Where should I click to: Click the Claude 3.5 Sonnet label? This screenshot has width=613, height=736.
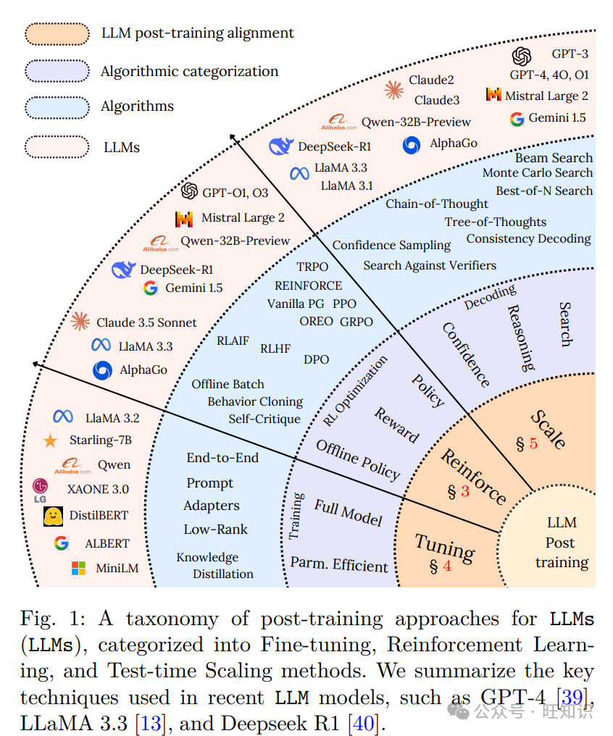click(x=146, y=322)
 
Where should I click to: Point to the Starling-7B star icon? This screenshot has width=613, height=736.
click(x=50, y=440)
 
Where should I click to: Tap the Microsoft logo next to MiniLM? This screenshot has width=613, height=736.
click(x=78, y=569)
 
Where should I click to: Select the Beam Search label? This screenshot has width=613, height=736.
click(x=554, y=158)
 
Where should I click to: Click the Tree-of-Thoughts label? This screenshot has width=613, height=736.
click(x=496, y=222)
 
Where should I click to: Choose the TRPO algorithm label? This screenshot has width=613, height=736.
click(x=312, y=267)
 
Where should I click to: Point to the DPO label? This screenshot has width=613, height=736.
click(x=316, y=359)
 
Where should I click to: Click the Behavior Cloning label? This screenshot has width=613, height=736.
click(x=255, y=401)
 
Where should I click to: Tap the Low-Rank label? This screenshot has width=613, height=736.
click(x=215, y=530)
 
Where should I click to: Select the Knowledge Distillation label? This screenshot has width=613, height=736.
click(x=214, y=566)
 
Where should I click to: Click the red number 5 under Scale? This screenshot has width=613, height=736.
click(x=534, y=444)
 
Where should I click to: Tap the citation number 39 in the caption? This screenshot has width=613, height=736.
click(x=572, y=698)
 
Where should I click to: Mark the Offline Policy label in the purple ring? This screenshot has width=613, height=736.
click(x=358, y=461)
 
